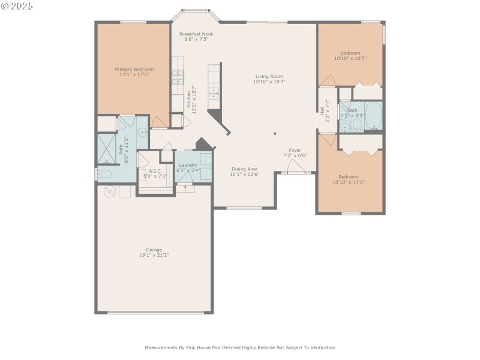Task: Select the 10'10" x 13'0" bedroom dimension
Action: coord(349,182)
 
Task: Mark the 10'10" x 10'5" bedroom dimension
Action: coord(350,58)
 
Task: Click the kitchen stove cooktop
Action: coord(178,77)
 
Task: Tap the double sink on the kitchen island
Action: coord(214,93)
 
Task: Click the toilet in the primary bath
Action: coord(104,175)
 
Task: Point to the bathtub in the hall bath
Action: coord(373,116)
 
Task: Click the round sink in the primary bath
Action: coord(142,133)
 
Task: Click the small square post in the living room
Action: coord(275,134)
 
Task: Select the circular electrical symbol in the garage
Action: coord(110,192)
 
